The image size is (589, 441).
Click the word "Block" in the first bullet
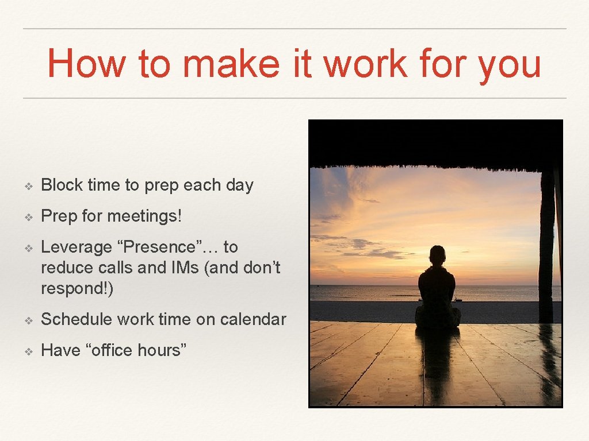(x=62, y=185)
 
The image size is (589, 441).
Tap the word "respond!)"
(x=78, y=289)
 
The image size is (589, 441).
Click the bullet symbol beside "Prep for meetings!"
(x=29, y=217)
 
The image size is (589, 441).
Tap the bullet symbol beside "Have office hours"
(x=29, y=350)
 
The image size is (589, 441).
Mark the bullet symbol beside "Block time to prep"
(x=29, y=185)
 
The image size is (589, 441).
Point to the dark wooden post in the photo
(x=546, y=247)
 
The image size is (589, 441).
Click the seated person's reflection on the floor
(x=437, y=356)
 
